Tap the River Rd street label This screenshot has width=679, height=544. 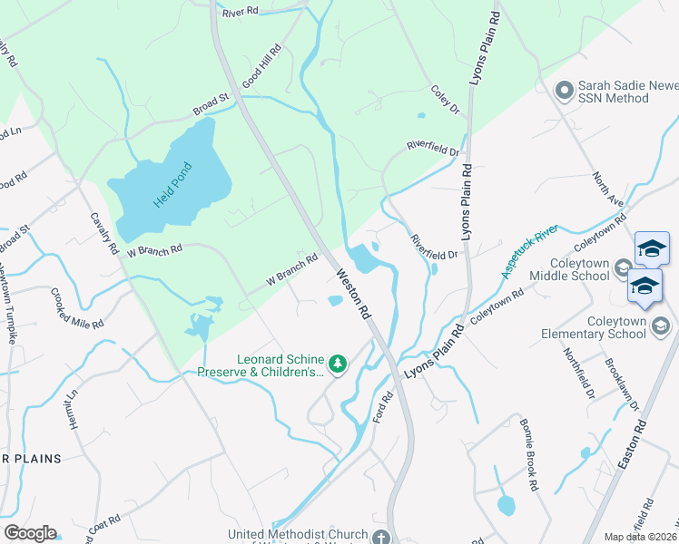(241, 12)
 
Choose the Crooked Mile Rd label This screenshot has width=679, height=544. (77, 307)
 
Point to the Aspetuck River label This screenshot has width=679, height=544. (532, 253)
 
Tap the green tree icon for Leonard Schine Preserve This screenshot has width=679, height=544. (338, 364)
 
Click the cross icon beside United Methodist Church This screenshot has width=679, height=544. (380, 536)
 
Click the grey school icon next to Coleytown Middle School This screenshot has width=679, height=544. (624, 267)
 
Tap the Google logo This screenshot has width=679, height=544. (30, 533)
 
